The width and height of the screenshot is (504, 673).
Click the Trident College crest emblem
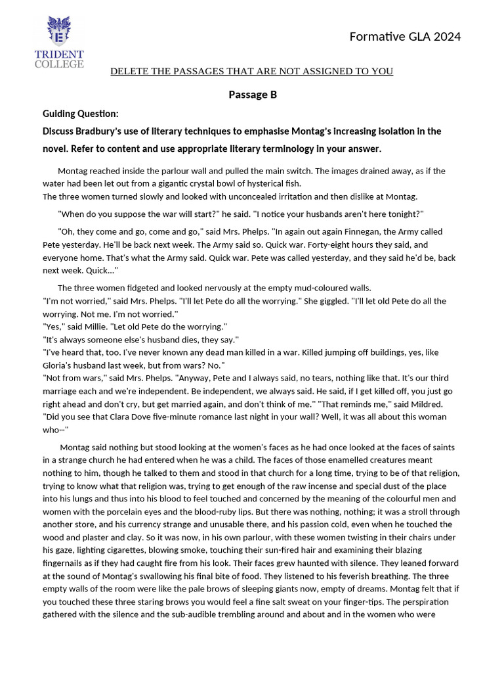[x=59, y=32]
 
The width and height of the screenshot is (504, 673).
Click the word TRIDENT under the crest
[x=59, y=54]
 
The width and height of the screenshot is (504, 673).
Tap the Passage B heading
[x=253, y=95]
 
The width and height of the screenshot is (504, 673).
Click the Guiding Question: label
[x=81, y=114]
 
